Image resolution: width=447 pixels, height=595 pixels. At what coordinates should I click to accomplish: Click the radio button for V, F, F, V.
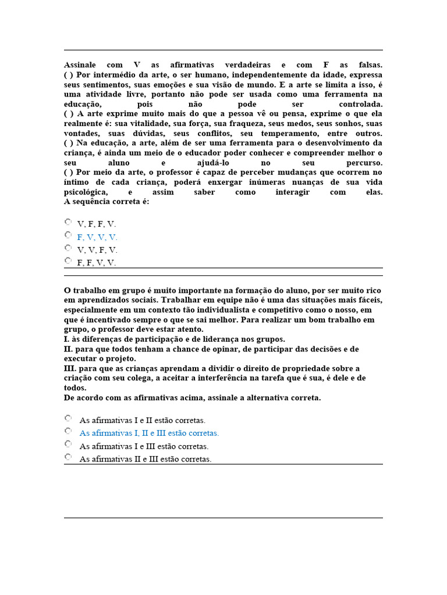[x=68, y=221]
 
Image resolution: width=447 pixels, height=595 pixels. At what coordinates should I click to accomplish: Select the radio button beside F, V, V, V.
[x=68, y=235]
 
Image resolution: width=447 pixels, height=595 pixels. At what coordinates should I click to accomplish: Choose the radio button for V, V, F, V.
[x=68, y=248]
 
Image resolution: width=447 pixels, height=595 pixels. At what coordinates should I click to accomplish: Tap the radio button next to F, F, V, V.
[x=68, y=261]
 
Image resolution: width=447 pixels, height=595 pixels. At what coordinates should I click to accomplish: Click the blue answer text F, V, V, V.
[x=97, y=237]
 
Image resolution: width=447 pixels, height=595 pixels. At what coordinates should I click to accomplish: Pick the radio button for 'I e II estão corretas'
[x=68, y=418]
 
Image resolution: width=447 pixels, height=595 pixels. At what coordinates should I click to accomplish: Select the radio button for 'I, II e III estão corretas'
[x=68, y=431]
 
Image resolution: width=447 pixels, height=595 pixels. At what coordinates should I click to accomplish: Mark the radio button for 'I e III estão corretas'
[x=68, y=444]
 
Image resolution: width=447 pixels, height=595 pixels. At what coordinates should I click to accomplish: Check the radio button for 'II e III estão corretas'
[x=68, y=457]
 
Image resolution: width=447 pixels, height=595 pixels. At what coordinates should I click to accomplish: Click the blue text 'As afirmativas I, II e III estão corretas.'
[x=149, y=433]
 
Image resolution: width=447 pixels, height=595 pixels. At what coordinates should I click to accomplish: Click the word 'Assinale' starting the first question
[x=80, y=65]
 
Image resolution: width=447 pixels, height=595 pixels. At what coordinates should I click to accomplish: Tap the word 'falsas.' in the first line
[x=368, y=65]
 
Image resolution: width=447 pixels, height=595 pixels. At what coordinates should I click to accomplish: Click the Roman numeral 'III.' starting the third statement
[x=69, y=368]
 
